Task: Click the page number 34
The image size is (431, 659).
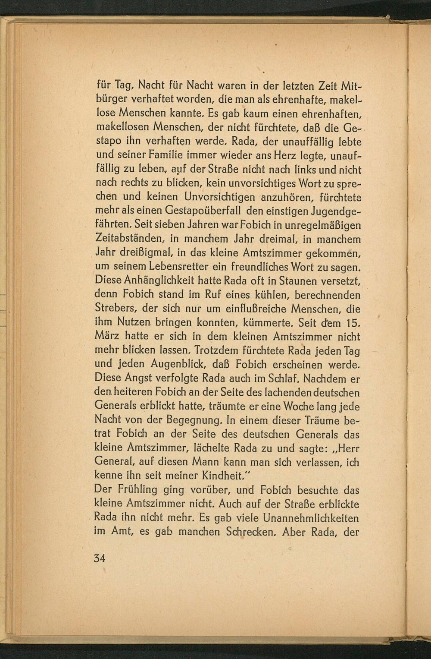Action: tap(100, 558)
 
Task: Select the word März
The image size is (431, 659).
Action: tap(106, 337)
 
